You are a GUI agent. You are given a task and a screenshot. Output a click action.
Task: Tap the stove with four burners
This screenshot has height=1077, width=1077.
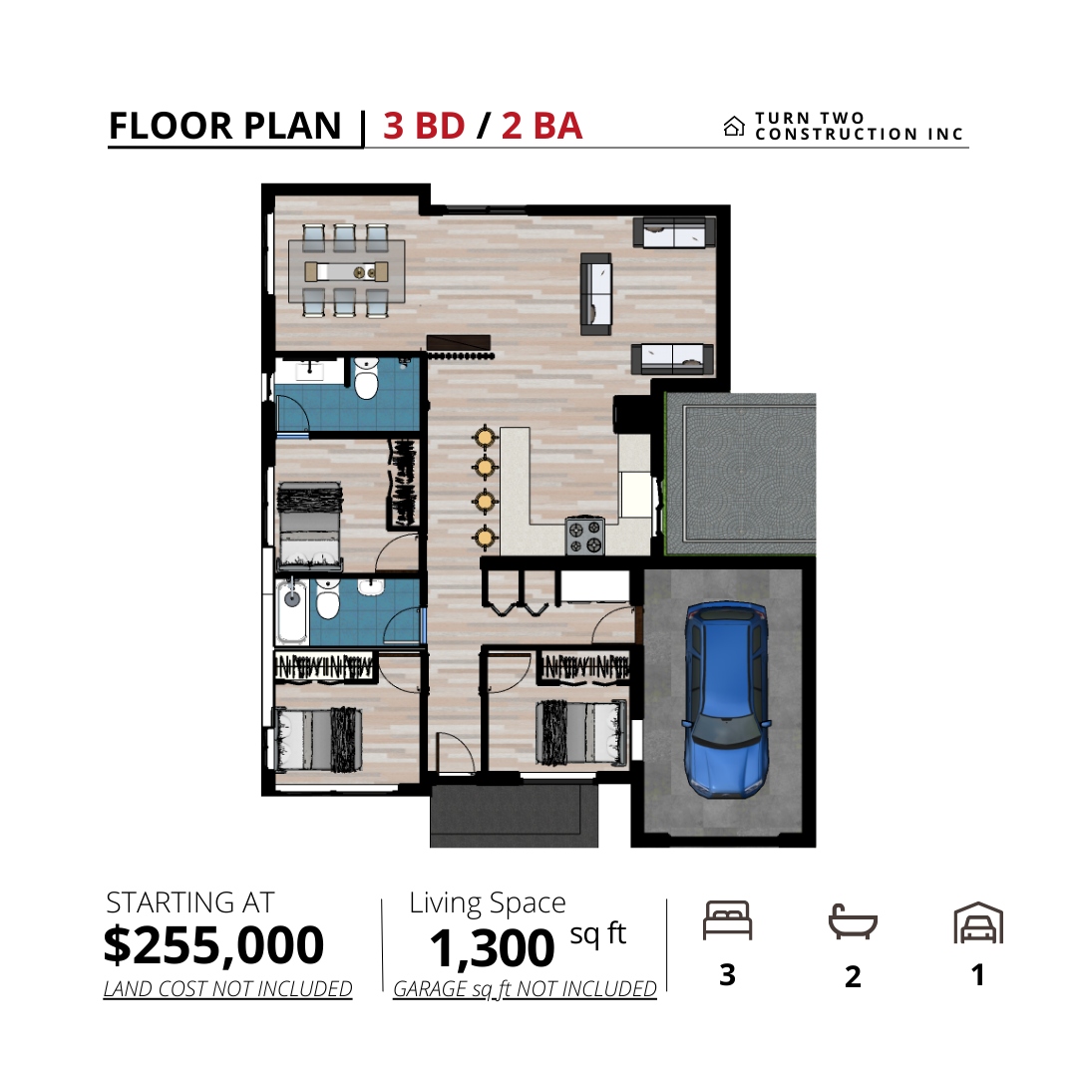point(585,537)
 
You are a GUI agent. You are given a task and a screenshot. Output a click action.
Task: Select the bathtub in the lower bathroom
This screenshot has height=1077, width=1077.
point(292,610)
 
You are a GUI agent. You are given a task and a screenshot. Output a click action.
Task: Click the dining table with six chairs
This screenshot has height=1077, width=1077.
point(346,271)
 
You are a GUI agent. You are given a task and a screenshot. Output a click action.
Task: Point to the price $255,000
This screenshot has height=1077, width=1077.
point(213,945)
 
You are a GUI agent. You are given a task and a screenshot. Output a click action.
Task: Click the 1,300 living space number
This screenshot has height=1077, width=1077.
point(492,948)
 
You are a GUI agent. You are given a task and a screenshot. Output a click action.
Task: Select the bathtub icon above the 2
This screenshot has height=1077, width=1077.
point(853,921)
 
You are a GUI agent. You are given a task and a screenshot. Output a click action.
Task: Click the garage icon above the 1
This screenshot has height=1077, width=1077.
point(978,922)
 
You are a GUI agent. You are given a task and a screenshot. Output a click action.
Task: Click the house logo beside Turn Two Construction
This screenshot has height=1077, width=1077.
point(734,127)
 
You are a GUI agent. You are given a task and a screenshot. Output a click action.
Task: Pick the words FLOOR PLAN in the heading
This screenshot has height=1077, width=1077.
point(224,127)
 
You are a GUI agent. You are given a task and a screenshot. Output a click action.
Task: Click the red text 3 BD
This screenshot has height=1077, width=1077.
point(424,127)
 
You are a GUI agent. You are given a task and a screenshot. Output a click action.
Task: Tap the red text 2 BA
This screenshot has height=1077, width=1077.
point(541,127)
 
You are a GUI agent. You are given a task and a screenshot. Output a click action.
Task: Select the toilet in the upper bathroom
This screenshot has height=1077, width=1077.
point(366,379)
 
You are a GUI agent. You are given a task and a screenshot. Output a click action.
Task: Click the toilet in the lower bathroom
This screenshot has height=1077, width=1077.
point(328,599)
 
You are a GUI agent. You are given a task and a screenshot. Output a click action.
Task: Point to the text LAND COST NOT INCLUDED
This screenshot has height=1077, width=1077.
point(227,989)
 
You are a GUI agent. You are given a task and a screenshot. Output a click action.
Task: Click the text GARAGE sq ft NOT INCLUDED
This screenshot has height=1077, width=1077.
point(525,989)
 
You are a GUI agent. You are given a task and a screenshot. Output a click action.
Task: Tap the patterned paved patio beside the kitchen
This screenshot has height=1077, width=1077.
point(741,474)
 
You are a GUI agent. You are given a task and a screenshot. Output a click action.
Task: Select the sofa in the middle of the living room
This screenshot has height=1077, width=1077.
point(595,294)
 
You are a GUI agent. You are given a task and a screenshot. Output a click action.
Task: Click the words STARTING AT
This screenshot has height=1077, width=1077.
point(190,902)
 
